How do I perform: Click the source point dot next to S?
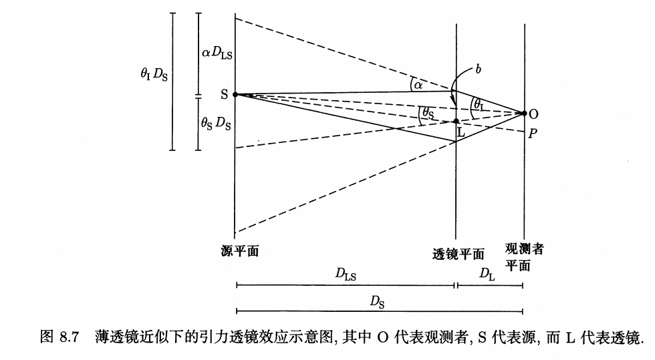235,95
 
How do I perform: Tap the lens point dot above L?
456,121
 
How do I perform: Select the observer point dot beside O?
524,113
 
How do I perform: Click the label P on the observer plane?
533,134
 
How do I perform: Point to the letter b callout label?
478,69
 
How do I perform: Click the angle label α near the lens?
418,86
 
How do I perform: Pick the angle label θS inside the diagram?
428,113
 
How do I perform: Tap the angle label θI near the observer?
479,104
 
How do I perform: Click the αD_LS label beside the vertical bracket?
217,53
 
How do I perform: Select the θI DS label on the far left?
154,75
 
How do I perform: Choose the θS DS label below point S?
216,123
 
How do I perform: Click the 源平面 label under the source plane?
240,251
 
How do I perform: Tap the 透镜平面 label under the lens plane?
458,254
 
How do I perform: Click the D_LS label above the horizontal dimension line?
346,275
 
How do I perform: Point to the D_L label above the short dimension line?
487,275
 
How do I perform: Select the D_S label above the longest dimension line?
377,302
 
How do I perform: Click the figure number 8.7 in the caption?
70,337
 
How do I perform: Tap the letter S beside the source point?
225,95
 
